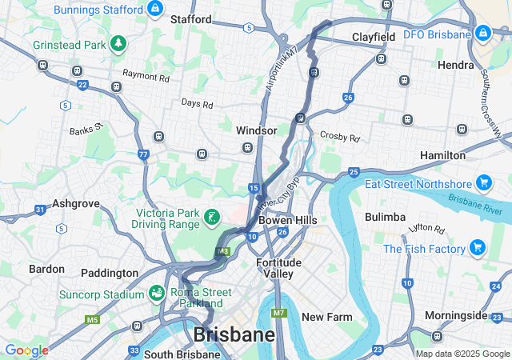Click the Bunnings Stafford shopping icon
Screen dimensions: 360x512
(x=155, y=10)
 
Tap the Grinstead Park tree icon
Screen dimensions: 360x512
(x=118, y=42)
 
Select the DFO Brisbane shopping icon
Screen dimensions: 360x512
(x=482, y=34)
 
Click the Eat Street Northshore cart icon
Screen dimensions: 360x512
(x=483, y=183)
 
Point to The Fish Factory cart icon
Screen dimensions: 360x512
(x=478, y=247)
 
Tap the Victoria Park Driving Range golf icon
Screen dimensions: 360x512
(x=211, y=217)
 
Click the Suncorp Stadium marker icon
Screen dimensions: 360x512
(x=158, y=294)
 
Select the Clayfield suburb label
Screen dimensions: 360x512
(x=374, y=38)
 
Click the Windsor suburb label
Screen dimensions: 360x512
(x=257, y=130)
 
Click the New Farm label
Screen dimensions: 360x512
(x=326, y=317)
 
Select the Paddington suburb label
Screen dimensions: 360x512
(x=110, y=273)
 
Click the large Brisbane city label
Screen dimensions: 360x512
(x=234, y=334)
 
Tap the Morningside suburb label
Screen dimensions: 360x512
(x=456, y=315)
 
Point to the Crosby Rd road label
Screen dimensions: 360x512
(x=339, y=137)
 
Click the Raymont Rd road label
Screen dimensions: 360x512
(x=146, y=79)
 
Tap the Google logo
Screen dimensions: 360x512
(x=26, y=350)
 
